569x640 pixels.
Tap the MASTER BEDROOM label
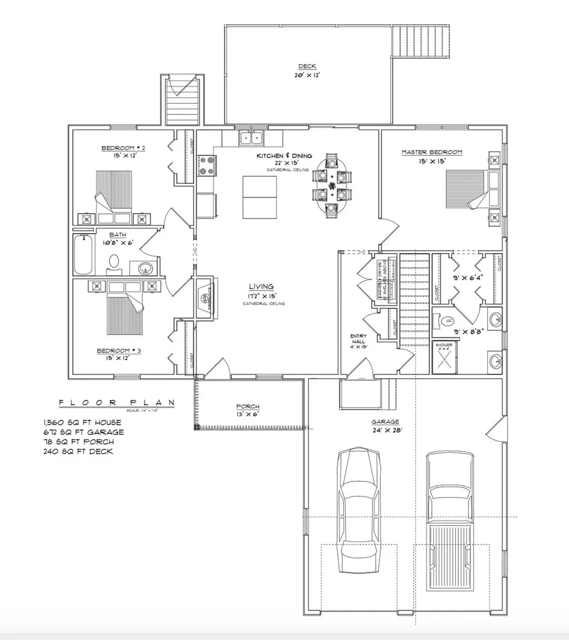pyautogui.click(x=431, y=152)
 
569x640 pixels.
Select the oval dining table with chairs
pyautogui.click(x=332, y=185)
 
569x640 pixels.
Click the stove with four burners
pyautogui.click(x=207, y=166)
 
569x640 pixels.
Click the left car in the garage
pyautogui.click(x=359, y=509)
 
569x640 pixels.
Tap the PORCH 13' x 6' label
pyautogui.click(x=247, y=410)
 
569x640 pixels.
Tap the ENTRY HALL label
pyautogui.click(x=359, y=341)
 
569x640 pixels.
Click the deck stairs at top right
pyautogui.click(x=421, y=40)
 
